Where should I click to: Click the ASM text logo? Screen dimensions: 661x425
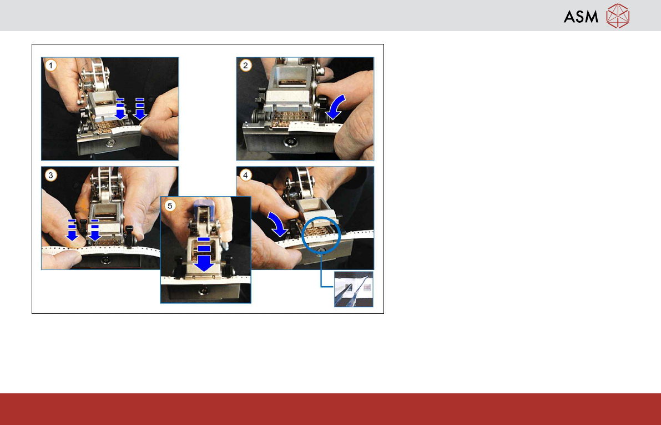[x=581, y=17]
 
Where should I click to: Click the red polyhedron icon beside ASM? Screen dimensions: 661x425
[x=618, y=16]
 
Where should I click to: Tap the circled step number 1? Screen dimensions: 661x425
[x=51, y=66]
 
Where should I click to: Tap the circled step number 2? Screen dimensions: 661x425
[x=246, y=66]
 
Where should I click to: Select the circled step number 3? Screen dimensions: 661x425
[x=51, y=175]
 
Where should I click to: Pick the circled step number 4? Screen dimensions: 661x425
[x=246, y=175]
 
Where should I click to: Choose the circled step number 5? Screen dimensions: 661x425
[x=170, y=206]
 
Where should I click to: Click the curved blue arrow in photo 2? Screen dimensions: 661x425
[x=337, y=108]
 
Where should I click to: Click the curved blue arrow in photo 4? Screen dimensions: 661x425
[x=276, y=224]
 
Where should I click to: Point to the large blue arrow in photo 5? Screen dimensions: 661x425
[x=204, y=254]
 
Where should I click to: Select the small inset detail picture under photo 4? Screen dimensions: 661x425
[x=354, y=289]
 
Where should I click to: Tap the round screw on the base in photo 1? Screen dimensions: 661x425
[x=110, y=143]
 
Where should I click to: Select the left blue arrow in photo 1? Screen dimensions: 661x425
[x=120, y=109]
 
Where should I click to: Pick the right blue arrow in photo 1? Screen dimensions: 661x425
[x=139, y=109]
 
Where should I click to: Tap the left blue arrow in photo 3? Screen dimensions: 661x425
[x=72, y=230]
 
